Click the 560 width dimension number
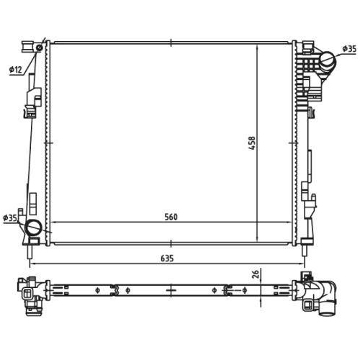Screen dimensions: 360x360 point(171,217)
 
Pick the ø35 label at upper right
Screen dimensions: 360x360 point(348,49)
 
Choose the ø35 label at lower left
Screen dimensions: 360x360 point(10,217)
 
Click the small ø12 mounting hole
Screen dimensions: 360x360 point(39,48)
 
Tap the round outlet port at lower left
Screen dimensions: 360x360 point(34,229)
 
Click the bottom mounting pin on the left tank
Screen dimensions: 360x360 point(30,253)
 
